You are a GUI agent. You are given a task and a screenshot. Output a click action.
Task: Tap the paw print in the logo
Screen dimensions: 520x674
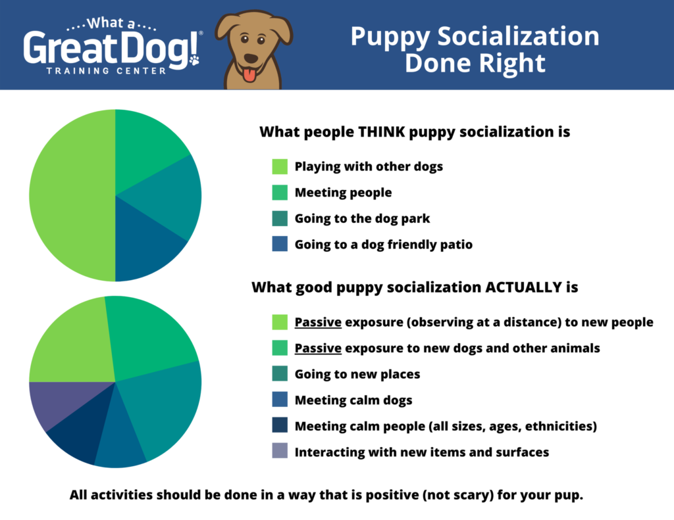click(x=194, y=60)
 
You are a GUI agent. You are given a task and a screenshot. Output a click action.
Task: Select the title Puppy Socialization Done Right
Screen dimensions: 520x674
click(x=475, y=49)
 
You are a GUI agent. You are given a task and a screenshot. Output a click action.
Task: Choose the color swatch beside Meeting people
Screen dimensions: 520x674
click(x=280, y=193)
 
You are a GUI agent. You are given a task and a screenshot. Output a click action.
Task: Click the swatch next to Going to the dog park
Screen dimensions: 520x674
click(x=280, y=218)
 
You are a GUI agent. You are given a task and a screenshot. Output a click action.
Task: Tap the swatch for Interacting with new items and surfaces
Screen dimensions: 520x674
click(x=280, y=452)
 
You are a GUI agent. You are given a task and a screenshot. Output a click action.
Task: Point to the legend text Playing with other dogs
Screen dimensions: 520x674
click(x=369, y=166)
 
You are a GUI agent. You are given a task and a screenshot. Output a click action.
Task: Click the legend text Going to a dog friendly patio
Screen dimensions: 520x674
click(x=383, y=245)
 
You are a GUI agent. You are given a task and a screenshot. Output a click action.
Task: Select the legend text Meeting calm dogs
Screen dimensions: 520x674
click(x=353, y=400)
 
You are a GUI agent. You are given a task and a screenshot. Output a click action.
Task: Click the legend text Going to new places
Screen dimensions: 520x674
click(x=357, y=374)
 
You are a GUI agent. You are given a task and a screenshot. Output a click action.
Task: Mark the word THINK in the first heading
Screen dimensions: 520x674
click(x=381, y=131)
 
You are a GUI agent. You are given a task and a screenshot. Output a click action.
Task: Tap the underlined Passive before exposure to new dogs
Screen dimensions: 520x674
click(x=318, y=348)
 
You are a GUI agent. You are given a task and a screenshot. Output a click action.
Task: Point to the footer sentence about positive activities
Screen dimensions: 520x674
click(x=326, y=495)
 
